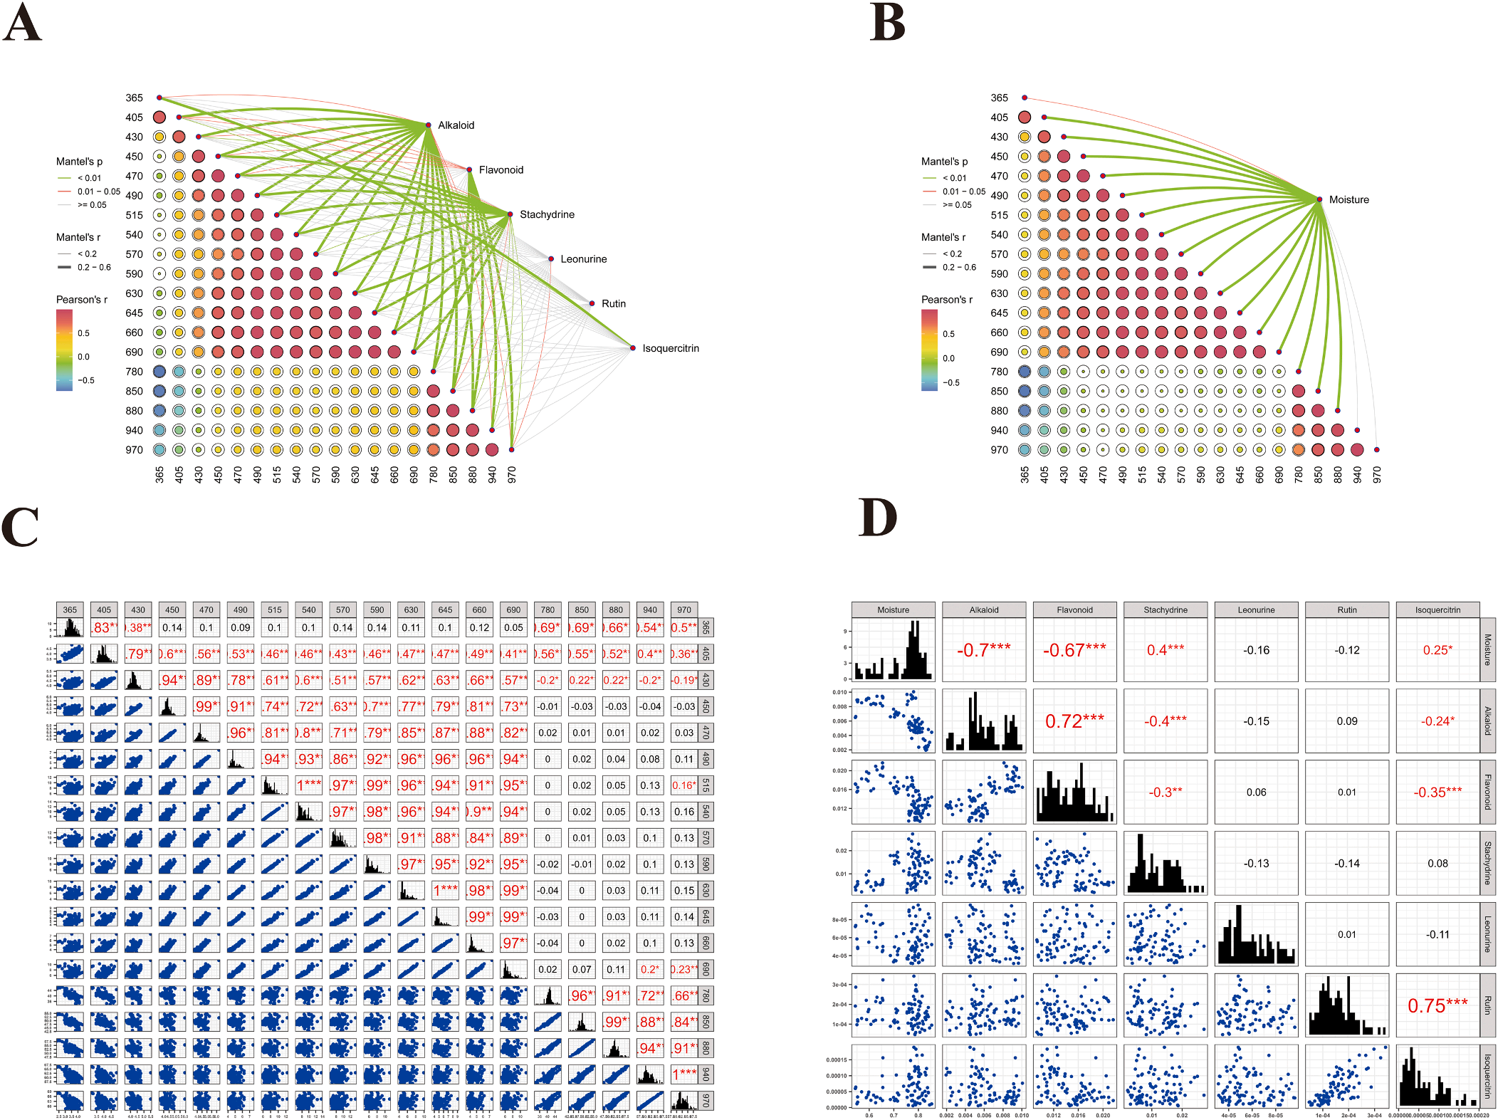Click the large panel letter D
tap(878, 518)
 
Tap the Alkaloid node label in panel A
tap(456, 125)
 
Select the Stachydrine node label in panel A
tap(547, 214)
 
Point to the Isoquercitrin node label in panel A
tap(671, 348)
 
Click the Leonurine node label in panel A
tap(583, 259)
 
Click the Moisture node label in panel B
tap(1348, 200)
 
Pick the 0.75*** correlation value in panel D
tap(1437, 1005)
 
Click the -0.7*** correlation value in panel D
tap(983, 650)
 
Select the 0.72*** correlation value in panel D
tap(1074, 721)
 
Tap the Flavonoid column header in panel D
tap(1074, 610)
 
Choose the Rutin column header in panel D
tap(1346, 610)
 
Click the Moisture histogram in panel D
tap(894, 650)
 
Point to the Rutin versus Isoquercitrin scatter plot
tap(1346, 1077)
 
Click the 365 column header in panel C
tap(70, 610)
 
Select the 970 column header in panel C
tap(684, 610)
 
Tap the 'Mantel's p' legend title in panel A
tap(79, 162)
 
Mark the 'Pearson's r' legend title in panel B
tap(946, 300)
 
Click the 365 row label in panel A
tap(135, 98)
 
